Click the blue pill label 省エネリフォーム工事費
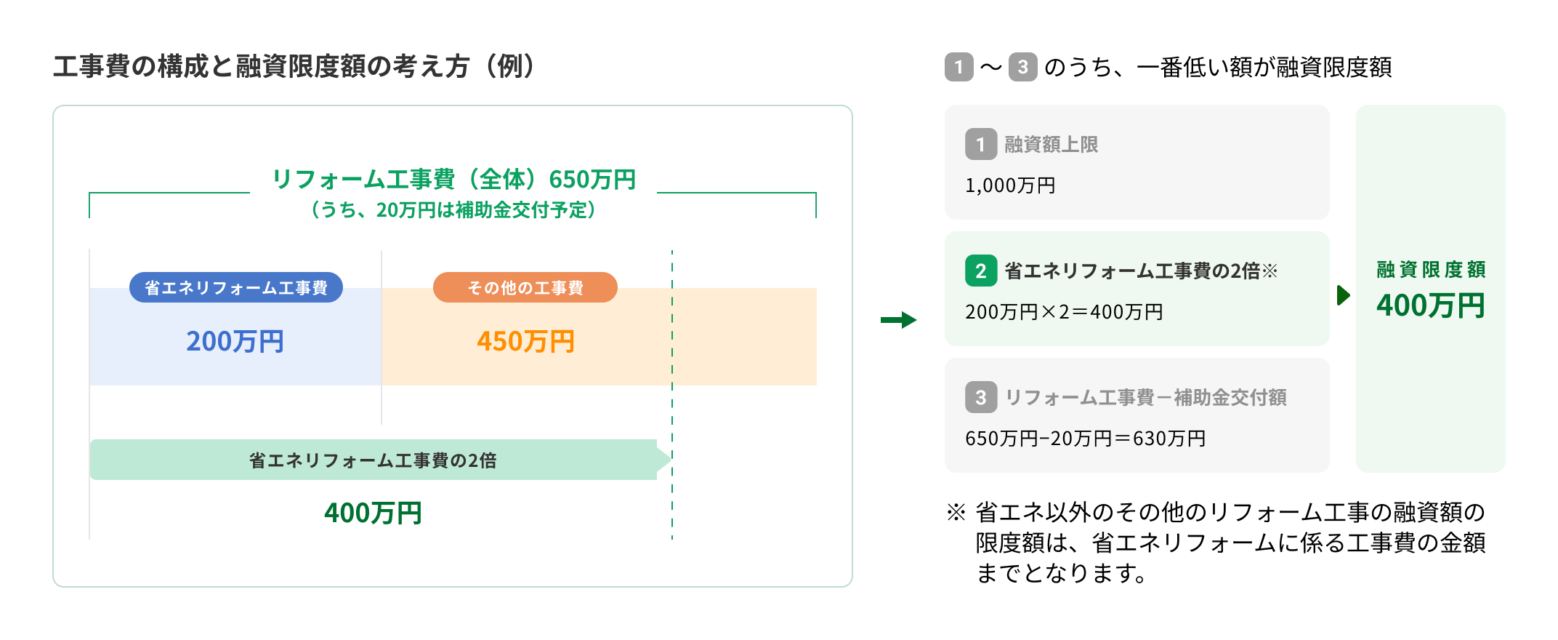point(235,288)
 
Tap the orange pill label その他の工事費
point(525,288)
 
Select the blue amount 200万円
point(235,341)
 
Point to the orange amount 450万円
point(525,341)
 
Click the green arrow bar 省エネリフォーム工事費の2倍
point(373,460)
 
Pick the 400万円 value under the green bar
point(373,513)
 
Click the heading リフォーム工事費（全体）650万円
point(453,179)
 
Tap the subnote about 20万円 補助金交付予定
point(453,210)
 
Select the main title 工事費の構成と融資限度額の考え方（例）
point(295,67)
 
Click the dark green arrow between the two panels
point(898,320)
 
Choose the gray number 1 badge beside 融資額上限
point(980,144)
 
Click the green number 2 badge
point(980,271)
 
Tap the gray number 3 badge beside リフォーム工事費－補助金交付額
point(980,397)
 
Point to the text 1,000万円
point(1010,185)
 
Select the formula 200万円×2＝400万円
point(1064,312)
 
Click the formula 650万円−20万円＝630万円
point(1085,439)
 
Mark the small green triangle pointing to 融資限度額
point(1343,295)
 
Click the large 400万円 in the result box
point(1430,305)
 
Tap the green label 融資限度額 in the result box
point(1430,270)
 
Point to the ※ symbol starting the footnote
point(956,513)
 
